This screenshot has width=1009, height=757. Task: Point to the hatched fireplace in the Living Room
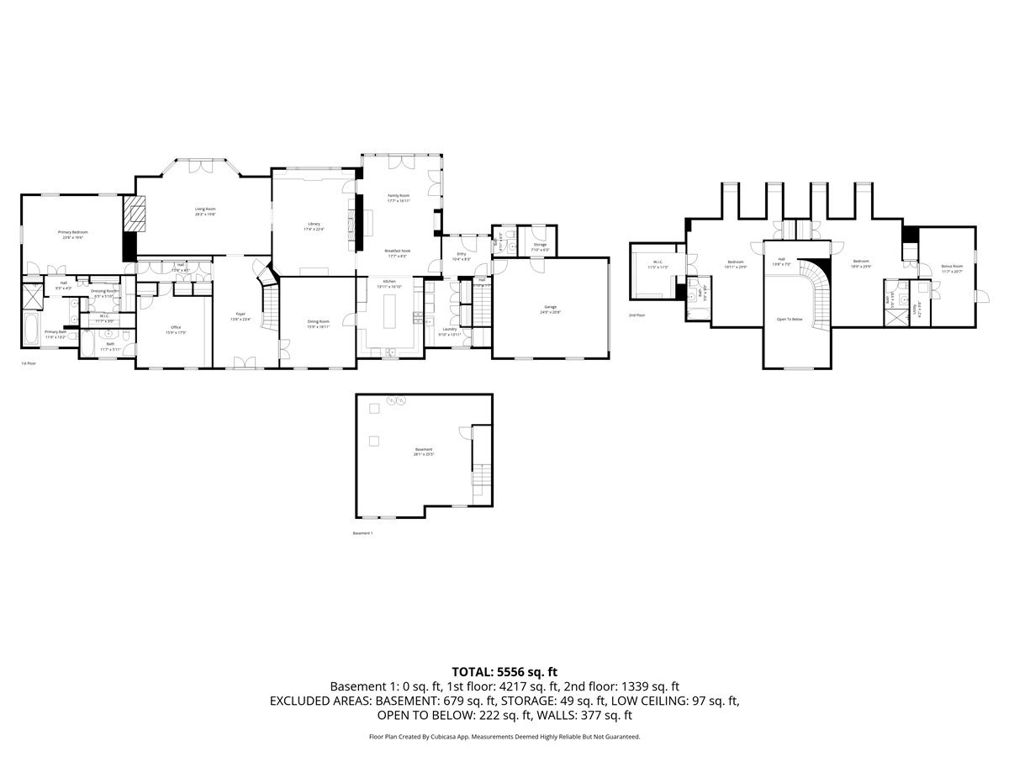click(135, 214)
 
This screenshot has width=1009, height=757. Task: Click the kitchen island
click(388, 315)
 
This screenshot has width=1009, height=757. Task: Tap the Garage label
click(550, 307)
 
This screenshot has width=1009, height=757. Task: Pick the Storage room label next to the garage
click(540, 245)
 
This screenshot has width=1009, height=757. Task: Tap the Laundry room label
click(450, 329)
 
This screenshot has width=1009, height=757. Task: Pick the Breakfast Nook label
click(398, 251)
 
